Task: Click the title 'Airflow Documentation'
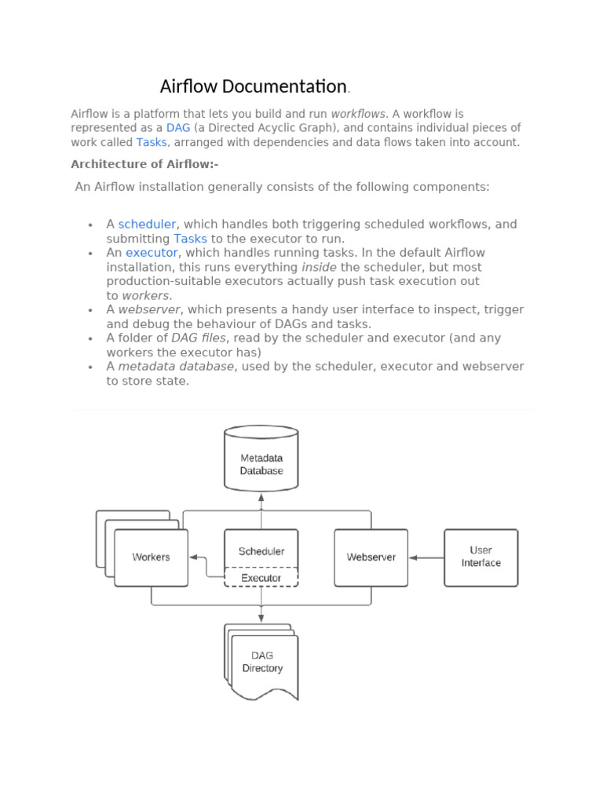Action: click(253, 86)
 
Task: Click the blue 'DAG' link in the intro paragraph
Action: click(178, 128)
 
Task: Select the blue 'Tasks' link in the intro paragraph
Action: click(152, 142)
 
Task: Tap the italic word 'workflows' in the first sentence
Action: click(358, 114)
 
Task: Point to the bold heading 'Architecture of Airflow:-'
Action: click(144, 164)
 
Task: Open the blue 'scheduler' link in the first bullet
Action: click(147, 225)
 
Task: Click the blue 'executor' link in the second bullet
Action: click(152, 253)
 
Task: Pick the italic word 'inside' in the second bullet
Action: click(319, 267)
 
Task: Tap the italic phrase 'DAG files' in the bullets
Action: click(199, 338)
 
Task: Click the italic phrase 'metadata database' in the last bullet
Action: click(176, 367)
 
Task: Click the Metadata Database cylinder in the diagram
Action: click(261, 463)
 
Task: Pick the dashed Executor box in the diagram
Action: click(261, 578)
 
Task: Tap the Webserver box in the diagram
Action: click(371, 557)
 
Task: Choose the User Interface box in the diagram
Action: click(481, 557)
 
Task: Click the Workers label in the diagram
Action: click(151, 557)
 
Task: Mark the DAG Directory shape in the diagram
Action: click(262, 663)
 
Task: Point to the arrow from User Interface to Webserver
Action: click(426, 557)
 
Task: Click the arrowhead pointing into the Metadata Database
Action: click(261, 497)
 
